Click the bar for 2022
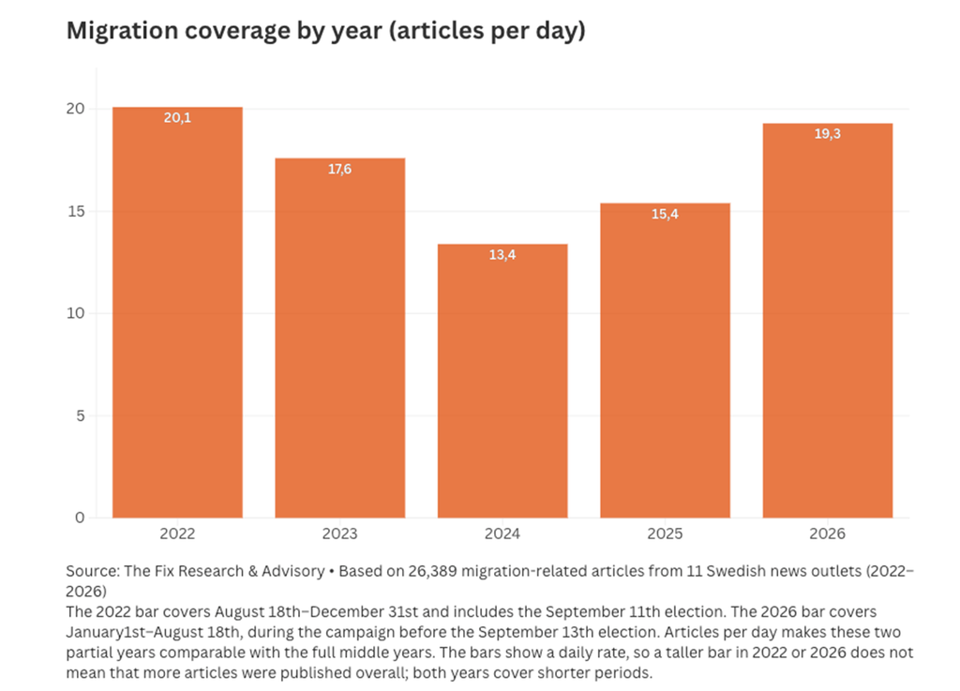[x=177, y=312]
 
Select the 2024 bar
[x=502, y=381]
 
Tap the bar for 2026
[x=828, y=321]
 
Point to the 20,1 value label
[x=177, y=117]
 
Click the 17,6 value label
[x=339, y=169]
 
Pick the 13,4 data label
[x=502, y=255]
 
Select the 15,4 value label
[x=665, y=214]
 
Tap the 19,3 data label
[x=828, y=134]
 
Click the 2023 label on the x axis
[x=339, y=533]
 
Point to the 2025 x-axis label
[x=665, y=533]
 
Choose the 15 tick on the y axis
[x=76, y=211]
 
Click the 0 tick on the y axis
[x=81, y=518]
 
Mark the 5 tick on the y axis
[x=81, y=415]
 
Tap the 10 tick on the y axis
[x=76, y=313]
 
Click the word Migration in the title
[x=122, y=31]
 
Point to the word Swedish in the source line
[x=734, y=571]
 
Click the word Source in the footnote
[x=93, y=571]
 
